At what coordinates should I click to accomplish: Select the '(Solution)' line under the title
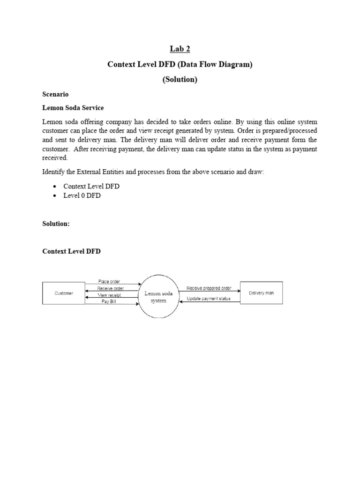(x=180, y=80)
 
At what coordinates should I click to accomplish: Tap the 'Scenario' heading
(x=55, y=94)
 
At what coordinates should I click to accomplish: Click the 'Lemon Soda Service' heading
(x=73, y=108)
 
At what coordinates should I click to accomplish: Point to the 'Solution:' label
(x=56, y=224)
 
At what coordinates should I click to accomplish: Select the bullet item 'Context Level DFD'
(x=91, y=186)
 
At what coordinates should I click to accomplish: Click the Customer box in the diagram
(x=64, y=293)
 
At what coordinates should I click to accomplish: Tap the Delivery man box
(x=261, y=293)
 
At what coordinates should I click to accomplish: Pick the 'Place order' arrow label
(x=109, y=281)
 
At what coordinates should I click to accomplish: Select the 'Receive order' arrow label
(x=111, y=288)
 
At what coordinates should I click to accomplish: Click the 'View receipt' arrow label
(x=109, y=295)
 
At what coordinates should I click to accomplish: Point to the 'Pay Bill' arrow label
(x=108, y=302)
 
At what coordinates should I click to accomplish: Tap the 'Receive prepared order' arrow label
(x=209, y=288)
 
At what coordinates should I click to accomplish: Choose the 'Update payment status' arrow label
(x=209, y=299)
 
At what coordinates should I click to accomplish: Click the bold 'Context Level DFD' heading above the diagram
(x=71, y=252)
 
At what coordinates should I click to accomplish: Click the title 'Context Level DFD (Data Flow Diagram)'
(x=180, y=65)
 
